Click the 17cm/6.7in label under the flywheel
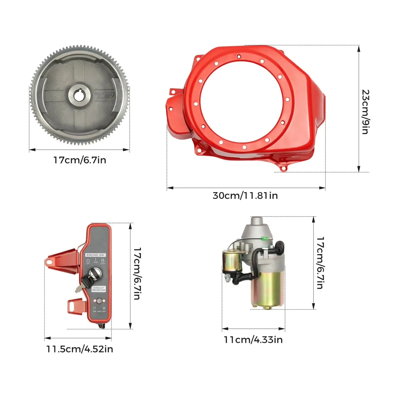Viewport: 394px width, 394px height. (x=80, y=160)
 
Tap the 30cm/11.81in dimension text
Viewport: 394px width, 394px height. (x=245, y=196)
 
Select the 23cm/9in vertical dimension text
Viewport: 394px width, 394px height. (x=365, y=112)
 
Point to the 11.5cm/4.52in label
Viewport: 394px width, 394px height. (x=79, y=349)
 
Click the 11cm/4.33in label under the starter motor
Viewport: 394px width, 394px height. (x=253, y=339)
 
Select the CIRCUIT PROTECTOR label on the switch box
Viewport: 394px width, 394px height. (x=98, y=289)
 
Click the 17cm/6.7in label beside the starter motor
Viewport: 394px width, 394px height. (x=320, y=263)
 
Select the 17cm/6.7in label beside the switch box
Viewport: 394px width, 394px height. (x=137, y=273)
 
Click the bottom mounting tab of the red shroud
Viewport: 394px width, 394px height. (x=282, y=168)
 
